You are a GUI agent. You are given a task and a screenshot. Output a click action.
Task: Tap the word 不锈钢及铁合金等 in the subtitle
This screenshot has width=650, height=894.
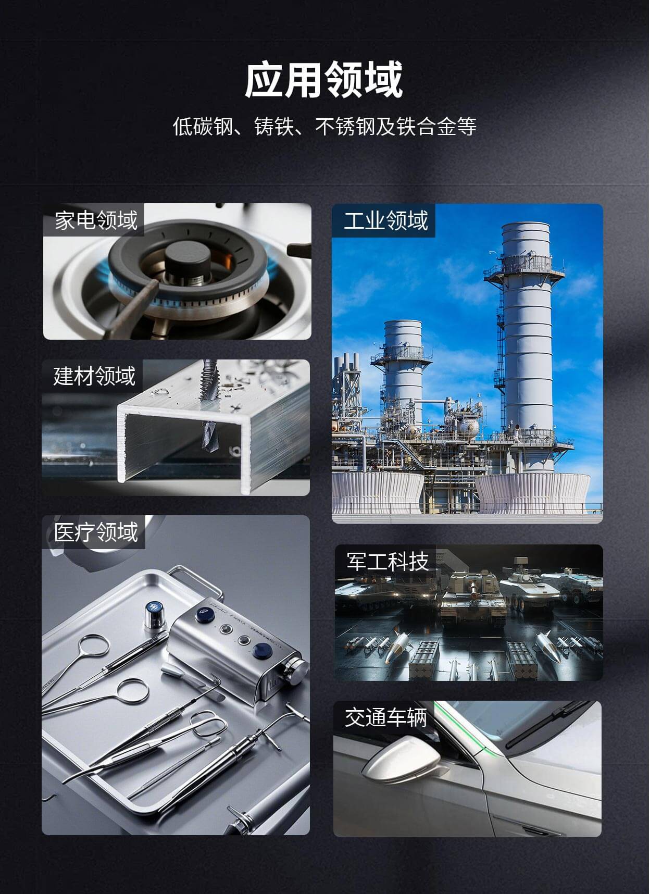coord(396,127)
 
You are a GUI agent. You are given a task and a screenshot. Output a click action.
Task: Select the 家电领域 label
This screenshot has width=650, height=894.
coord(96,220)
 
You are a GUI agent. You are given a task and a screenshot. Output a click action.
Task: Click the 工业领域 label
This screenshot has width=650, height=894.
coord(385,220)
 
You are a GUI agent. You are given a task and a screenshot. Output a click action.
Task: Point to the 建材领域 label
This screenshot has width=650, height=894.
coord(94,376)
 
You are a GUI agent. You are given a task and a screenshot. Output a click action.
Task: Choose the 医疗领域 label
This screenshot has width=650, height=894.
coord(96,532)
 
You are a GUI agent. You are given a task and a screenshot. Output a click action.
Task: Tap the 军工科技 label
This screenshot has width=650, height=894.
coord(387,562)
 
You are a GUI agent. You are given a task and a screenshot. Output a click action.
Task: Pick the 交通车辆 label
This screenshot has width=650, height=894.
coord(386,717)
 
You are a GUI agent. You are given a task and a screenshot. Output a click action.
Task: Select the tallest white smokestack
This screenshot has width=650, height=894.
coord(526,333)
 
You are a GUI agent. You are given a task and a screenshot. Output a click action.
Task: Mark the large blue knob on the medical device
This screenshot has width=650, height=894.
coord(260,651)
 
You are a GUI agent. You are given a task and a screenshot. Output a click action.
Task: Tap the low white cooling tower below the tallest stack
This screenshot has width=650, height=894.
coord(532,492)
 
